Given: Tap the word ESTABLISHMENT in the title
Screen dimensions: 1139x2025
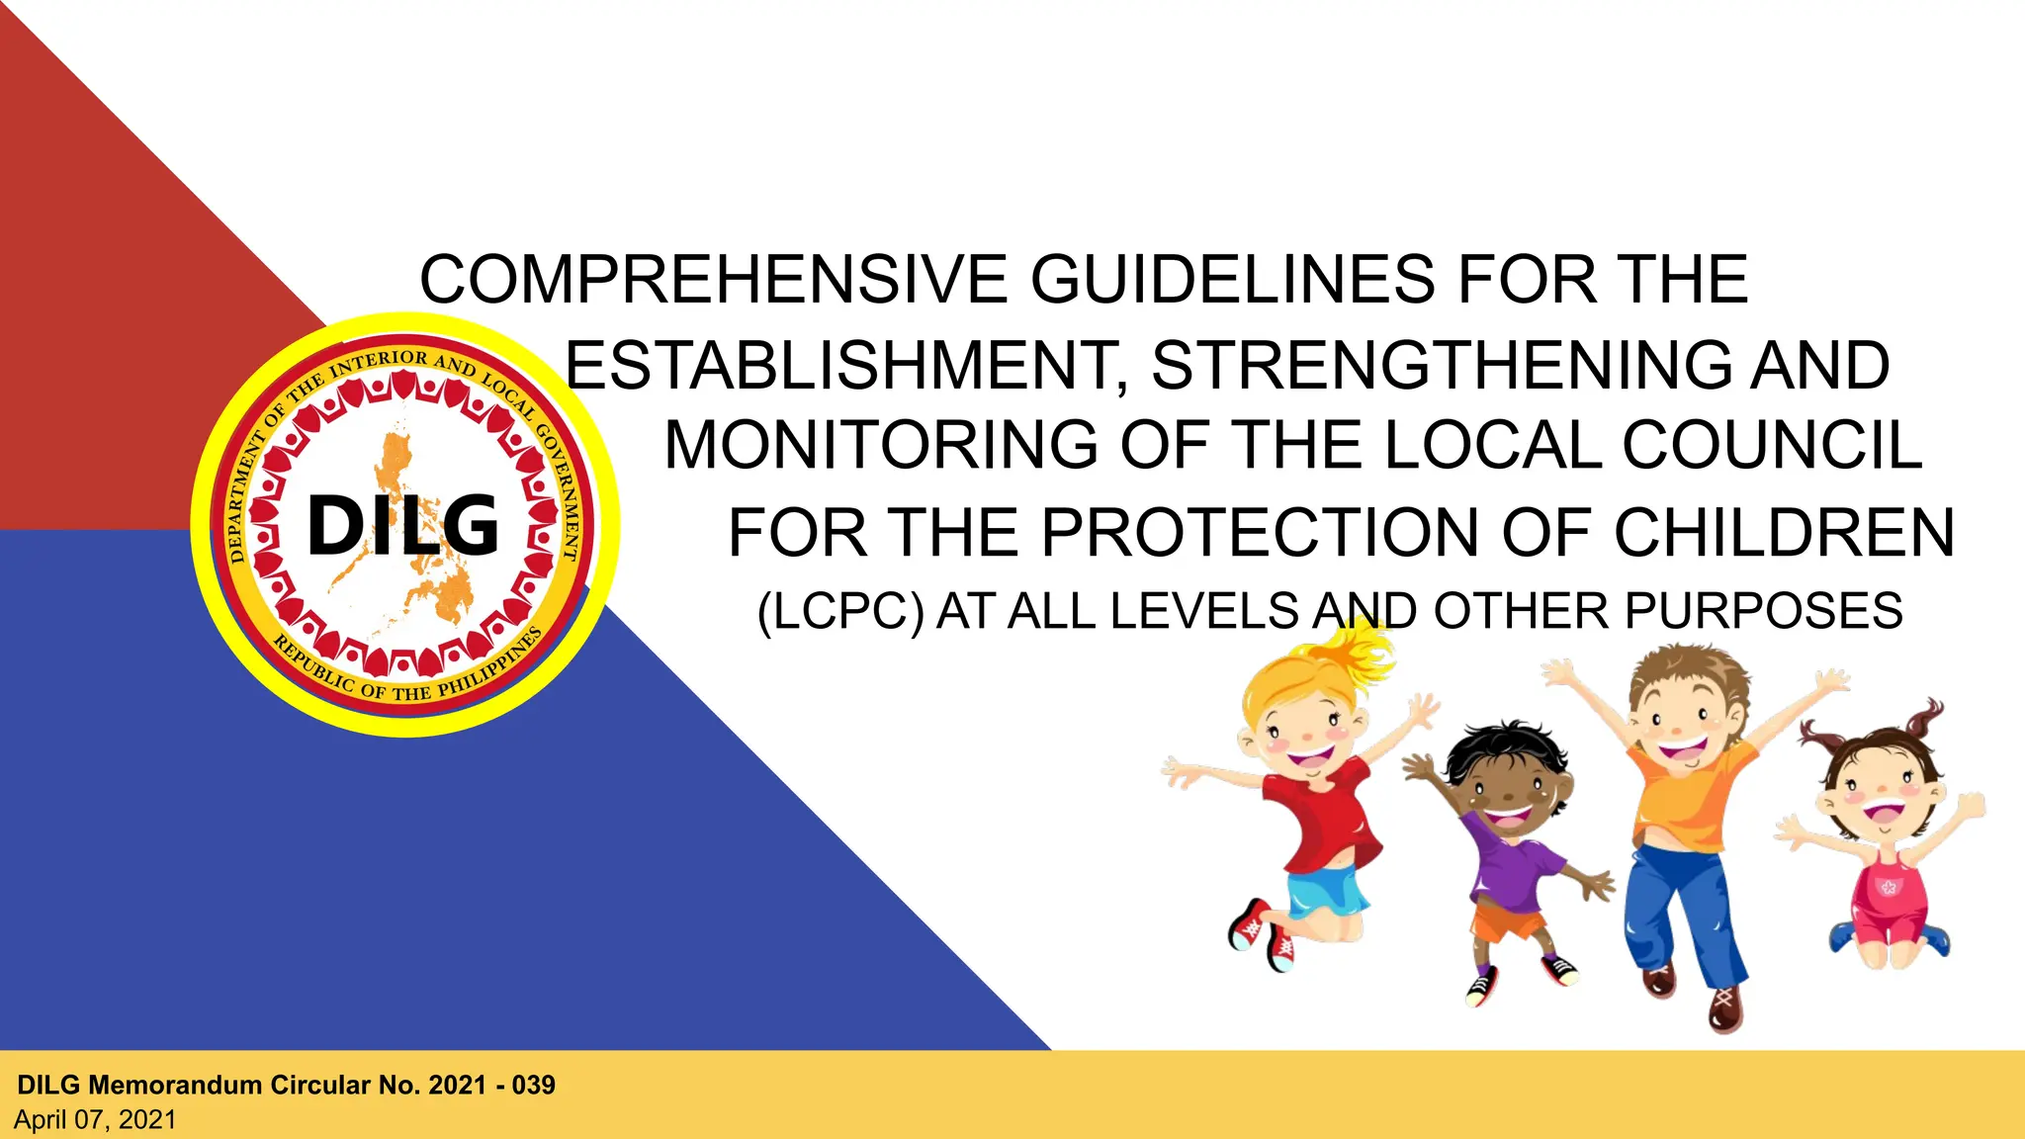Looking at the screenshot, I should click(x=845, y=366).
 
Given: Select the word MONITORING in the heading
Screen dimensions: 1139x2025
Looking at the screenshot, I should click(x=881, y=446).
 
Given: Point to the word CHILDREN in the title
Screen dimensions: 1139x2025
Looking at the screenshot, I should click(x=1784, y=534).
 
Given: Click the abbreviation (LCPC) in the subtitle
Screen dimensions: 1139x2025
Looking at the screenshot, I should click(x=839, y=611).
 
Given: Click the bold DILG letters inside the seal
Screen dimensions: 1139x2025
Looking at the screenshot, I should click(x=403, y=525).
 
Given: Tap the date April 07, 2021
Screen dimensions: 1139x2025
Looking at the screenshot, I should click(x=95, y=1120).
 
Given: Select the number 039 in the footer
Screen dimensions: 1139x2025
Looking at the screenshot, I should click(x=534, y=1086).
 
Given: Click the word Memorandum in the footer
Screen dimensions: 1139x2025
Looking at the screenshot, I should click(x=176, y=1086).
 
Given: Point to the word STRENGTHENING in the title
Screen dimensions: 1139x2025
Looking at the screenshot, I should click(x=1443, y=366).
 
